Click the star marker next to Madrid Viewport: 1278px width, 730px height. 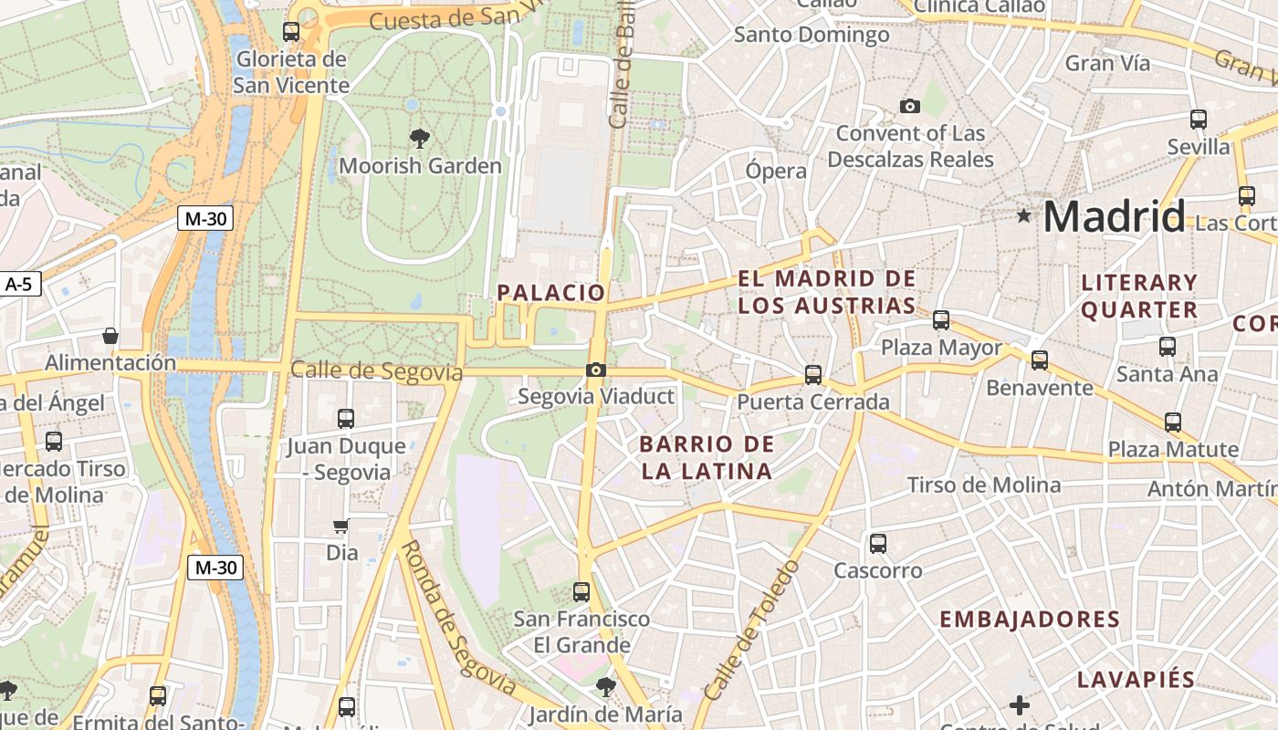coord(1024,216)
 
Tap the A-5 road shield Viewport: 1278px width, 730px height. coord(18,284)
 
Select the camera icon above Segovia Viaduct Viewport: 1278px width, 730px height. coord(596,370)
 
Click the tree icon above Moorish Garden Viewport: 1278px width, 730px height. coord(420,139)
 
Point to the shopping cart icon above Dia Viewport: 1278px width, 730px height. coord(341,526)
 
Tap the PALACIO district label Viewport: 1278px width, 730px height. coord(550,292)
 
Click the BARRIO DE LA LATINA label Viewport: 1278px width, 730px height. coord(707,458)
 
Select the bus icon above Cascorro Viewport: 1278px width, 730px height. coord(878,543)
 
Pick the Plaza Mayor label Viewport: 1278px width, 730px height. coord(941,348)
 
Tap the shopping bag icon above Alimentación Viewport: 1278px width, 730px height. coord(110,336)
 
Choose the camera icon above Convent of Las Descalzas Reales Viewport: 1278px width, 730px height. coord(909,107)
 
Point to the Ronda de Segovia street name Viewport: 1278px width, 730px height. coord(457,617)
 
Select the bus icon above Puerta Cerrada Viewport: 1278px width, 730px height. coord(812,374)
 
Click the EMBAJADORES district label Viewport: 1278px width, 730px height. coord(1030,620)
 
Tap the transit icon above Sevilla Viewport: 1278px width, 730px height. coord(1199,120)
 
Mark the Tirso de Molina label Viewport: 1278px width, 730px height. coord(983,485)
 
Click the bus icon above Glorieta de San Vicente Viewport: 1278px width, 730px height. coord(291,32)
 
